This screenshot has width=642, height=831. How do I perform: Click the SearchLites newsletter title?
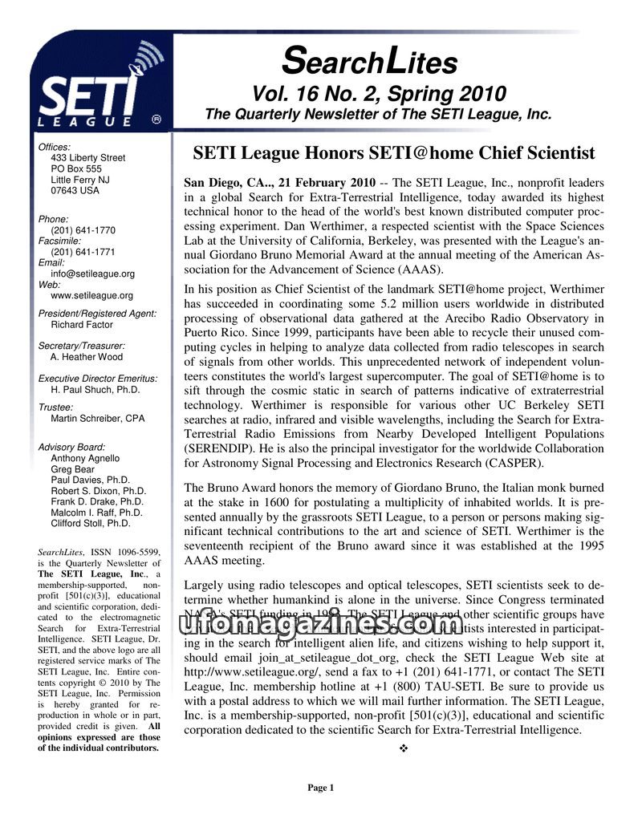370,61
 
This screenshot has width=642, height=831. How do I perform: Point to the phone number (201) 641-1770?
83,230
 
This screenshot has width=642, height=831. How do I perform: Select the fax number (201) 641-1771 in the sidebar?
83,252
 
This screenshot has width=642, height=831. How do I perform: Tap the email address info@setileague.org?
92,274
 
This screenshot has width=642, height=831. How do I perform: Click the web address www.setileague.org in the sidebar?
91,295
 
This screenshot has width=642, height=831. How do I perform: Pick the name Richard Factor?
83,325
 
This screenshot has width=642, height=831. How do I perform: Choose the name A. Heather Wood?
87,357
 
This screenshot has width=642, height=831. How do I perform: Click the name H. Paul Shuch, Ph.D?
95,389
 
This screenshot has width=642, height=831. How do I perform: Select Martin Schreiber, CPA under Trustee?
97,419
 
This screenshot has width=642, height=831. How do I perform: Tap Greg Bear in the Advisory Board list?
72,469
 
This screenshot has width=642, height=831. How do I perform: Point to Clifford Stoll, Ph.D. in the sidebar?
90,523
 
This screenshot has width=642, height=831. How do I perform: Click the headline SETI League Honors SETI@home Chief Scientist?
394,152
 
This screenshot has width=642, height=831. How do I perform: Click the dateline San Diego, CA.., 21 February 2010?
279,183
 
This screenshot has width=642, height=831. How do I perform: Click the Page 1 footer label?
320,788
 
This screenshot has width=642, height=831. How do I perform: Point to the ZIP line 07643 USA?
75,191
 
